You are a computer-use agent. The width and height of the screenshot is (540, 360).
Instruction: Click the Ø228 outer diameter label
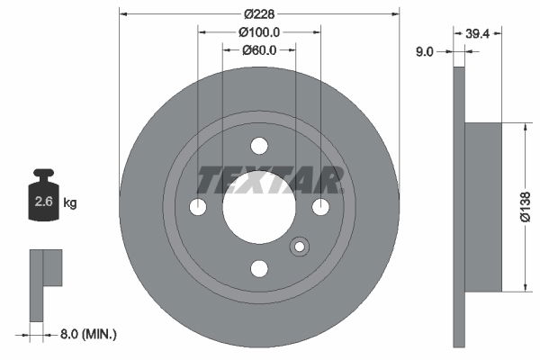pos(259,13)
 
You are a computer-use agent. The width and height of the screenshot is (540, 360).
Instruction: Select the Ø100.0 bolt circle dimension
pos(259,31)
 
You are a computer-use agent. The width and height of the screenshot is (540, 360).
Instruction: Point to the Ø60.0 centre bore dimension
pos(259,49)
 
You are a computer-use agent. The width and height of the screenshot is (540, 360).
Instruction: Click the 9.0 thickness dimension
pos(426,51)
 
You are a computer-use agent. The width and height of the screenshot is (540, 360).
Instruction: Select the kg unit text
pos(70,202)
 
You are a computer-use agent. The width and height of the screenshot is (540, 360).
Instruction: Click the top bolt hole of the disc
pos(259,146)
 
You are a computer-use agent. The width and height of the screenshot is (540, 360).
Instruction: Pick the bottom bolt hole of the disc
pos(259,268)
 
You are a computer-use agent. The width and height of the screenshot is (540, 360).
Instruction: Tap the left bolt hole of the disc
pos(198,207)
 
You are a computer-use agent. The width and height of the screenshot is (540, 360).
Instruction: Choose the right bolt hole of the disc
pos(320,207)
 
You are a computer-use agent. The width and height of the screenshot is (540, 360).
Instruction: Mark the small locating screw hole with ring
pos(298,246)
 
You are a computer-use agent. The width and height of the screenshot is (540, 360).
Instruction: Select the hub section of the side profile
pos(483,207)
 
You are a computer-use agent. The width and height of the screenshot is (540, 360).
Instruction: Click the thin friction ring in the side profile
pos(459,207)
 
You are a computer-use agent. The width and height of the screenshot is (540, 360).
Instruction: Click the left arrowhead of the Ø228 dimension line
pos(123,13)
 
